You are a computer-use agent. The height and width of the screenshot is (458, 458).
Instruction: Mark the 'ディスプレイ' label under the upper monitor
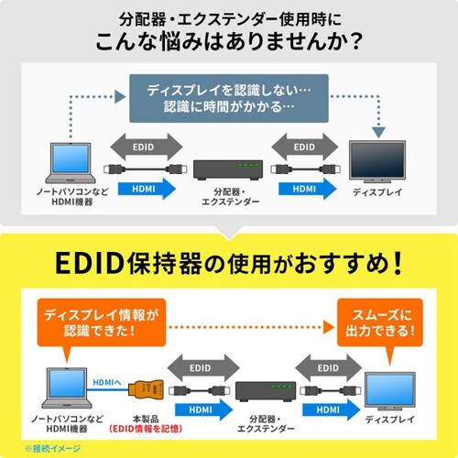[381, 193]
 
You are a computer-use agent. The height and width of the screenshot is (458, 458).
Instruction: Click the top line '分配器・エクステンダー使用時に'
[229, 18]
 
